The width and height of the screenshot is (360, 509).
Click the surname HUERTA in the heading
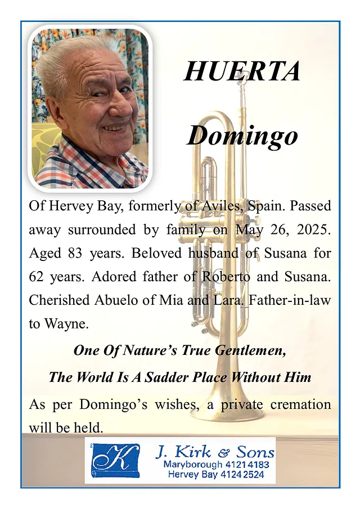[x=242, y=71]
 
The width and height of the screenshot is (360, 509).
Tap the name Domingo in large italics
[x=242, y=136]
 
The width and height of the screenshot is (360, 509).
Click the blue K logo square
[x=115, y=460]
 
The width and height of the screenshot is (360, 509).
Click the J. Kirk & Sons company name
[x=215, y=452]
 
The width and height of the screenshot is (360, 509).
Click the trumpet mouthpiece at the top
[x=243, y=79]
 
